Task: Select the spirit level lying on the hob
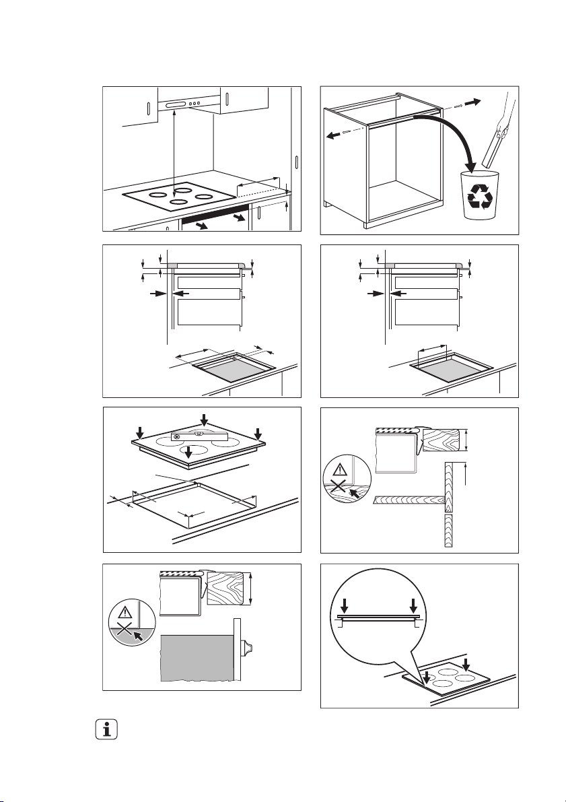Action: [x=200, y=436]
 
